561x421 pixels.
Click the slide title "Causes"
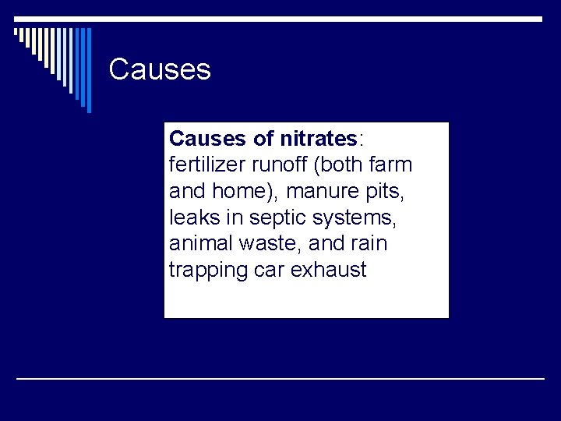160,69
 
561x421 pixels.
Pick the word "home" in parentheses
228,192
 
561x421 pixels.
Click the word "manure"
302,192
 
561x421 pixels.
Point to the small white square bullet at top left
17,33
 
